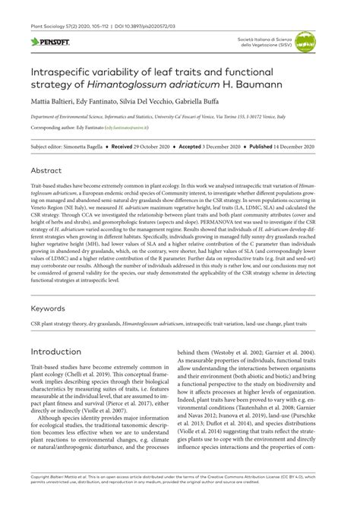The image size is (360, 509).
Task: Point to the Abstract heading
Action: [48, 171]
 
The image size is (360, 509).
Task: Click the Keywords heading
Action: [50, 309]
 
